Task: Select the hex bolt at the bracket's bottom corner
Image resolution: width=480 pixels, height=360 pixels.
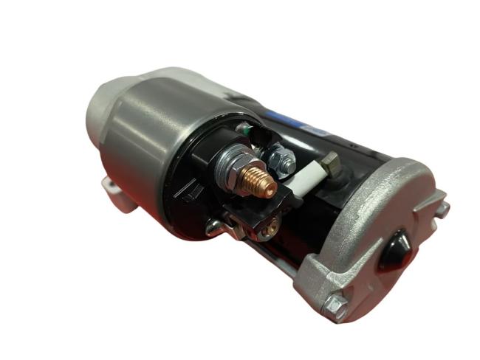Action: click(337, 300)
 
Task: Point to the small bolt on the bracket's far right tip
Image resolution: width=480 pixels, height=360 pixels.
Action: click(442, 210)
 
